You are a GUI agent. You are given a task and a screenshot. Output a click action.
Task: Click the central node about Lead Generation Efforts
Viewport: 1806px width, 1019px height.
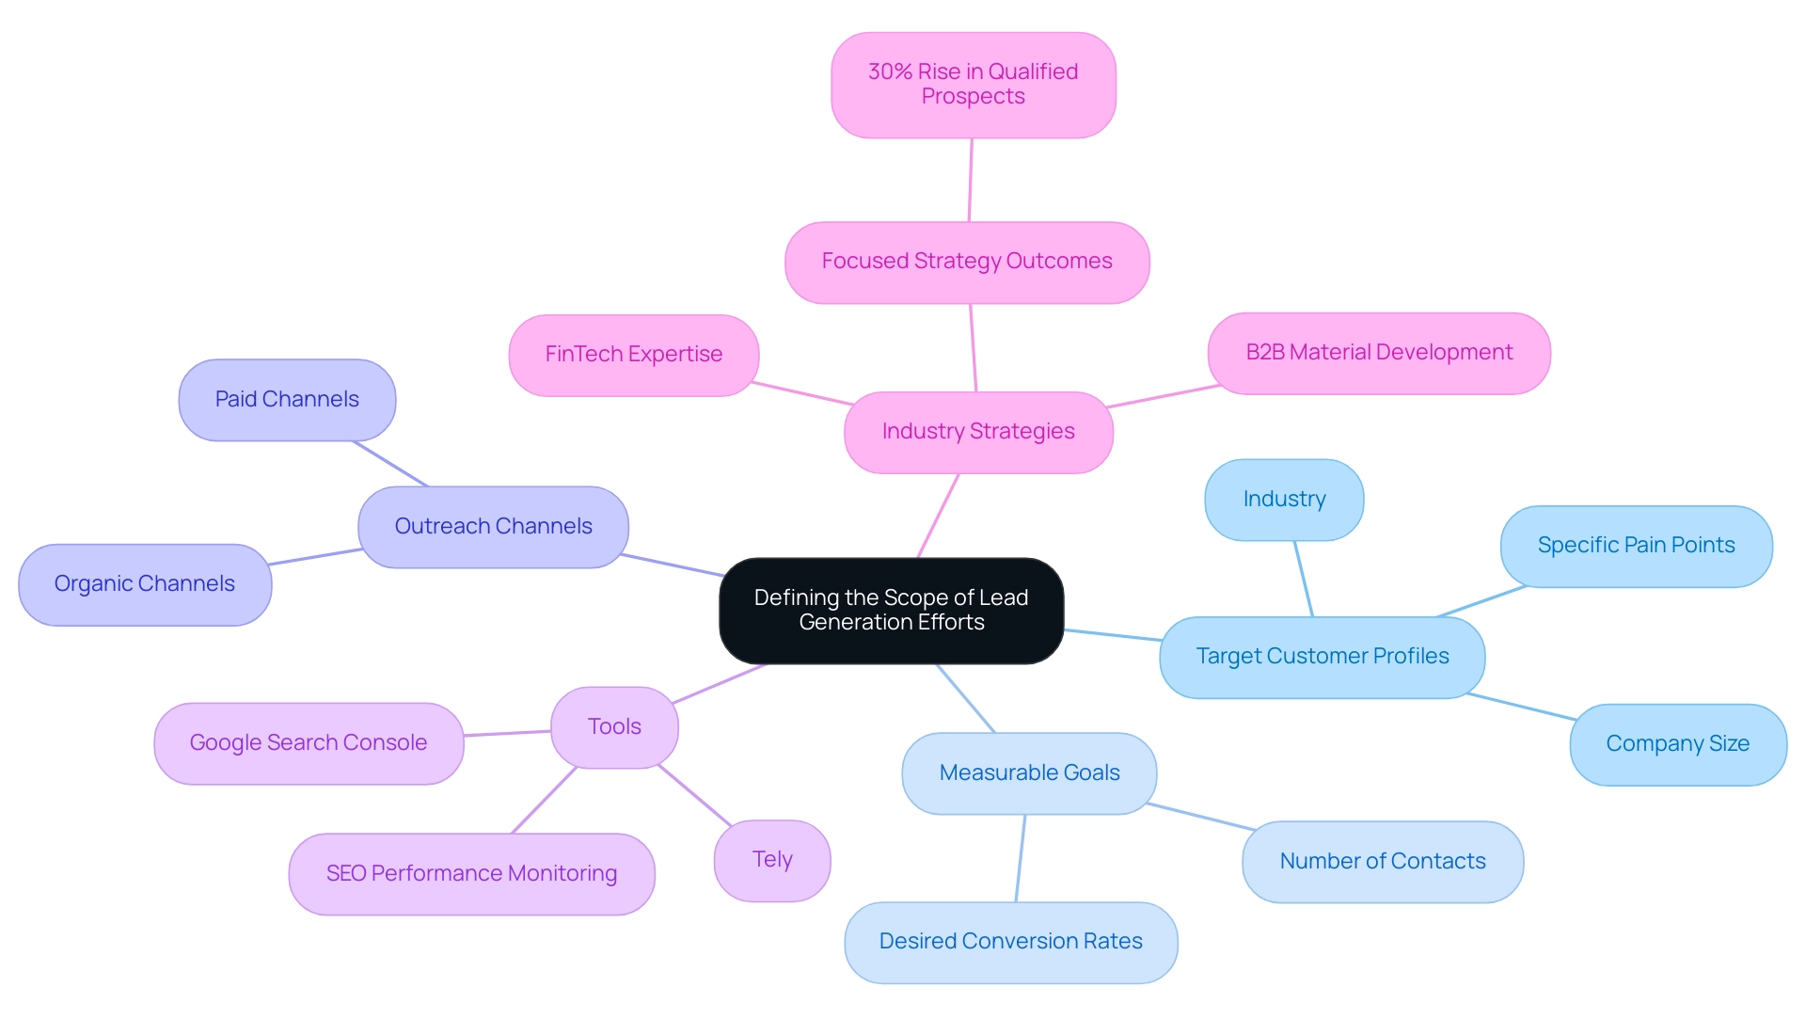pyautogui.click(x=891, y=610)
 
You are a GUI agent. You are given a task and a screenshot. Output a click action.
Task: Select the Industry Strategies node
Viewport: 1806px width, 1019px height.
pyautogui.click(x=978, y=432)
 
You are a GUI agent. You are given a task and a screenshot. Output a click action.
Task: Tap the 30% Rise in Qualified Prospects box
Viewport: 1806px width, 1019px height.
pyautogui.click(x=973, y=85)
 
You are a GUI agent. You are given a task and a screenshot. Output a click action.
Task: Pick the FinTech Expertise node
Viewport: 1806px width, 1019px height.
pyautogui.click(x=633, y=355)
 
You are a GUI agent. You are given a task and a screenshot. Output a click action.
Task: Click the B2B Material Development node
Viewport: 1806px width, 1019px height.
pyautogui.click(x=1378, y=353)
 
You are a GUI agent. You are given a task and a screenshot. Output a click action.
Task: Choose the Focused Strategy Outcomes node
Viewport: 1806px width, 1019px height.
pyautogui.click(x=966, y=262)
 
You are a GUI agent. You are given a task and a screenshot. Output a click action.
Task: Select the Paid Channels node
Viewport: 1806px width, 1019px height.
pyautogui.click(x=287, y=400)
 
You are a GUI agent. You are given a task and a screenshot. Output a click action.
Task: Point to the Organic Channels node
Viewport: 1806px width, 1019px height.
pyautogui.click(x=145, y=584)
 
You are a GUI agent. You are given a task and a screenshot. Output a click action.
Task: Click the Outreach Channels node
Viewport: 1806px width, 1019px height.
pyautogui.click(x=493, y=527)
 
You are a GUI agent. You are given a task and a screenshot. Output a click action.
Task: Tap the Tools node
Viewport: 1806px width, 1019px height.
pyautogui.click(x=614, y=727)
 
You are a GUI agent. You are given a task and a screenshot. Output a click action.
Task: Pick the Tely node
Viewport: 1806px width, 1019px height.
pyautogui.click(x=771, y=860)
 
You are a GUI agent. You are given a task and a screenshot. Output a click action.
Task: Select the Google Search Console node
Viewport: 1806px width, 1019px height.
pyautogui.click(x=309, y=743)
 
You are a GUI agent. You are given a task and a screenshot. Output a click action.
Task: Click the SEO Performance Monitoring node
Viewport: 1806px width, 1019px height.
pyautogui.click(x=471, y=874)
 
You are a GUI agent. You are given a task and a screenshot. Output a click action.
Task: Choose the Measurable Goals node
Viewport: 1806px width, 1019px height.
pyautogui.click(x=1029, y=773)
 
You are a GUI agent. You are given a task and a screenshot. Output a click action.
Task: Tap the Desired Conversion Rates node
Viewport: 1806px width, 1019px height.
pyautogui.click(x=1010, y=942)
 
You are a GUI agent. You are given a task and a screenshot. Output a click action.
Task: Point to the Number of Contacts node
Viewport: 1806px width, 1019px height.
pyautogui.click(x=1382, y=862)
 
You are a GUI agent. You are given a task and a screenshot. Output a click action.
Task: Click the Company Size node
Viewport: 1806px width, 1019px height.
pyautogui.click(x=1677, y=744)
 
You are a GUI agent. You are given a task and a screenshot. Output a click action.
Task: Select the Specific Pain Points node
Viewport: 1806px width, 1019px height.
pyautogui.click(x=1636, y=546)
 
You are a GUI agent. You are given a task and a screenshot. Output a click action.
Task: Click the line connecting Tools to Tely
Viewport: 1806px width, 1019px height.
pyautogui.click(x=694, y=795)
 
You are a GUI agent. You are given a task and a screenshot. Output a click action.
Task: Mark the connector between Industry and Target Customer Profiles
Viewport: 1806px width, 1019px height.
pyautogui.click(x=1303, y=579)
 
